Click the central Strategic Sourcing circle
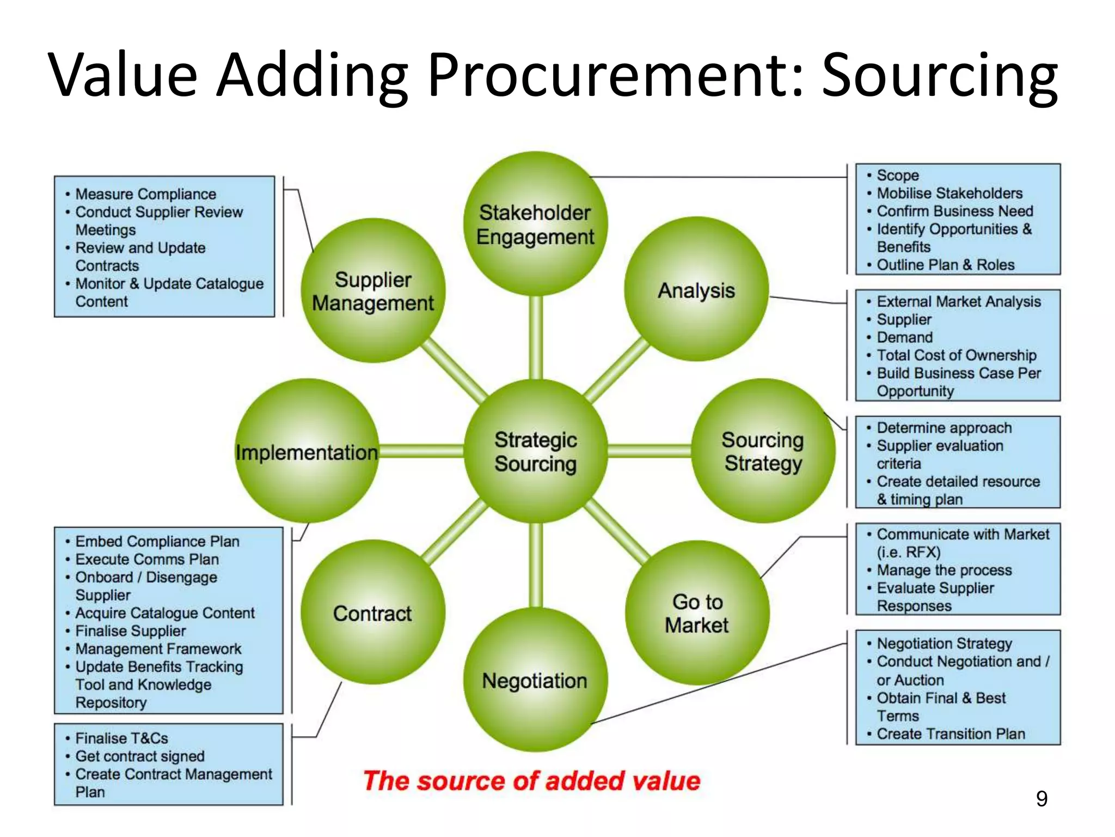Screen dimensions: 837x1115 pyautogui.click(x=535, y=451)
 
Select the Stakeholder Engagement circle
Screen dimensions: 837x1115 pyautogui.click(x=535, y=224)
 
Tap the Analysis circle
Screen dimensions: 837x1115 pyautogui.click(x=696, y=290)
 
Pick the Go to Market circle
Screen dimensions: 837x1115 pyautogui.click(x=697, y=613)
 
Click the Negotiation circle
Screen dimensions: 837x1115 pyautogui.click(x=535, y=680)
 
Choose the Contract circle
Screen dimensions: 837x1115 pyautogui.click(x=373, y=612)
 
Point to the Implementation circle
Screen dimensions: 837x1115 pyautogui.click(x=307, y=451)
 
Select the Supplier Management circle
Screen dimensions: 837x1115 pyautogui.click(x=373, y=290)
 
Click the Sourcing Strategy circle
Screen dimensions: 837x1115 pyautogui.click(x=763, y=451)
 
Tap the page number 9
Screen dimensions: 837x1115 pyautogui.click(x=1041, y=798)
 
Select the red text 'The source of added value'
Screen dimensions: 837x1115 pyautogui.click(x=531, y=780)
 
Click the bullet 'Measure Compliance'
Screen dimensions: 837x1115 pyautogui.click(x=145, y=194)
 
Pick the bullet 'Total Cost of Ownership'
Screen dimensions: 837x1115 pyautogui.click(x=956, y=355)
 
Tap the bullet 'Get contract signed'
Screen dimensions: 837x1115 pyautogui.click(x=140, y=756)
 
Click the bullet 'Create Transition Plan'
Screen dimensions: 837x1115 pyautogui.click(x=951, y=733)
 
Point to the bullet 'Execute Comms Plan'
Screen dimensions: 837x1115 pyautogui.click(x=147, y=559)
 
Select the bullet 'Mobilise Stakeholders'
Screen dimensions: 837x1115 pyautogui.click(x=949, y=193)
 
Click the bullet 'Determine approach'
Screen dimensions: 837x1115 pyautogui.click(x=944, y=428)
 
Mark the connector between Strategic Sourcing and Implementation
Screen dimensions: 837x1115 pyautogui.click(x=421, y=451)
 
